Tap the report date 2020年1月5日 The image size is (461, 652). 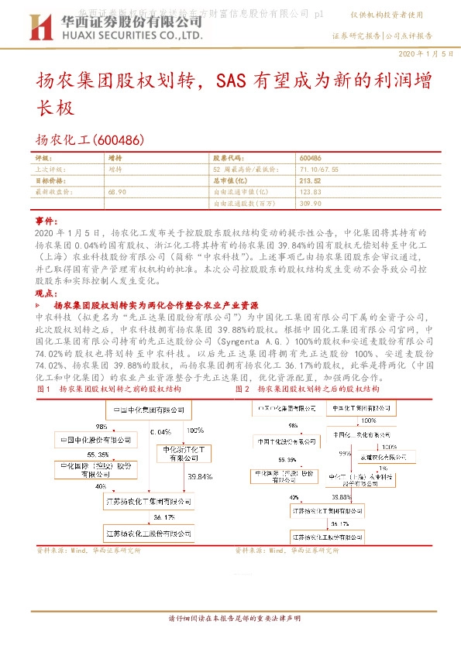[x=425, y=53]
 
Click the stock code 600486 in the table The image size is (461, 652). [x=309, y=157]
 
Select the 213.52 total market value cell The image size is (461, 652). [x=309, y=180]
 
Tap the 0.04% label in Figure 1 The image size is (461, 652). [x=160, y=431]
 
